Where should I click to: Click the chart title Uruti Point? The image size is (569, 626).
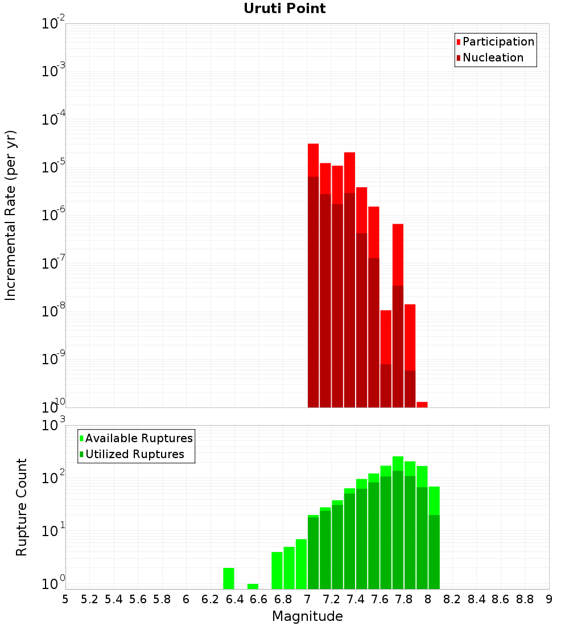(284, 9)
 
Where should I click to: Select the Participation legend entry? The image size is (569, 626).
(498, 42)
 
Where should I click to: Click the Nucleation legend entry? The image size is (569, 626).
(492, 57)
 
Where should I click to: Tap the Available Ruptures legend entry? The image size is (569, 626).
(138, 438)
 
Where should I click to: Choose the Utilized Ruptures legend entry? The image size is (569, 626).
(134, 454)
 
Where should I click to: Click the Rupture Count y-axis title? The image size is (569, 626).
(22, 507)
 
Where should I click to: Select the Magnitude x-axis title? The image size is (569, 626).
(307, 616)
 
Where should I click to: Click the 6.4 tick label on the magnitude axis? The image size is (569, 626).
(234, 599)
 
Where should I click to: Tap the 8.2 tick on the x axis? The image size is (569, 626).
(452, 599)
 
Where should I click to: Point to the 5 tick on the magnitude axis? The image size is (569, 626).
(65, 599)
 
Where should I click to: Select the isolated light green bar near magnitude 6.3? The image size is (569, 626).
(228, 578)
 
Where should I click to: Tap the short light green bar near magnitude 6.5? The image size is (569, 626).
(253, 586)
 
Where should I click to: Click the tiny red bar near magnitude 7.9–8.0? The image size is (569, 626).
(422, 405)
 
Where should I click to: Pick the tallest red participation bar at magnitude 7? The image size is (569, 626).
(313, 159)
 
